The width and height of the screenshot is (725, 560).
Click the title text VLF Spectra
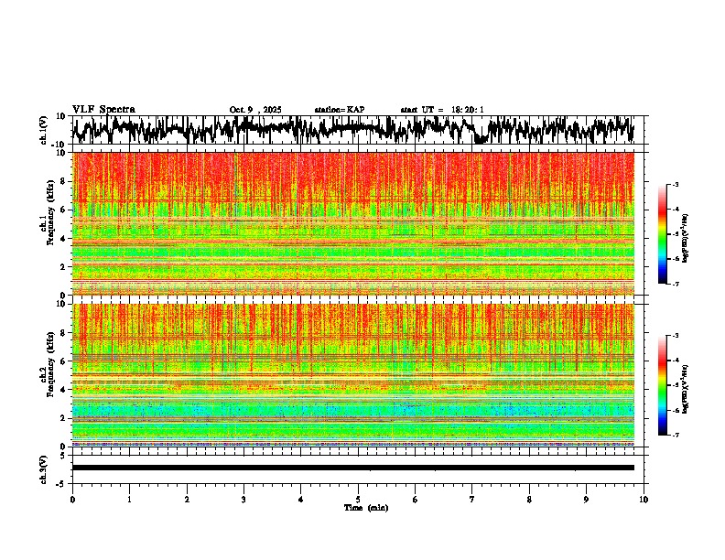click(x=103, y=110)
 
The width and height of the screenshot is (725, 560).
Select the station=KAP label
click(x=340, y=110)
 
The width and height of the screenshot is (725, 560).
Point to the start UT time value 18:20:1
click(x=468, y=110)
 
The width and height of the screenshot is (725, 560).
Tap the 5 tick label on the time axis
click(x=358, y=500)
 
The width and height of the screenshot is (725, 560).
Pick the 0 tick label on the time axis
click(x=72, y=500)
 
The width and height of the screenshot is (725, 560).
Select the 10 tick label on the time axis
click(x=644, y=500)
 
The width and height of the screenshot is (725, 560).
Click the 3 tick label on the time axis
click(x=243, y=500)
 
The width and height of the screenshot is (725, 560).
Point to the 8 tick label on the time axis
click(x=529, y=500)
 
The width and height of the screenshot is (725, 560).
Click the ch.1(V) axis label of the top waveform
click(x=43, y=130)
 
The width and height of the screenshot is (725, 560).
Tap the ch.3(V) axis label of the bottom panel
click(x=43, y=468)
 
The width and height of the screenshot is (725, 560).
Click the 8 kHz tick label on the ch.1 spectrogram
click(x=62, y=181)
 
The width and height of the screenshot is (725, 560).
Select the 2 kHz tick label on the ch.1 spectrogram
click(x=62, y=267)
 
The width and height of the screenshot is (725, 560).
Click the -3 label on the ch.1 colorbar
click(x=676, y=185)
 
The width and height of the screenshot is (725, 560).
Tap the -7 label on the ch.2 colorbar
click(x=676, y=436)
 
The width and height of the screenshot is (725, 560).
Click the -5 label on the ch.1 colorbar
click(x=676, y=234)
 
